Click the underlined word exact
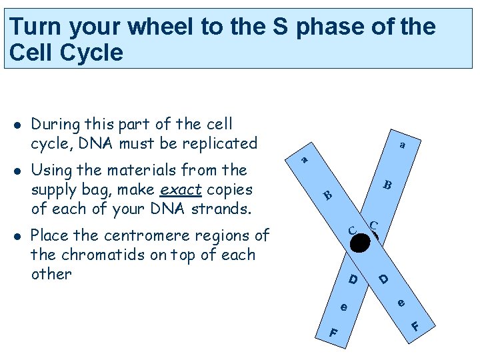click(181, 189)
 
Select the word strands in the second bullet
click(226, 209)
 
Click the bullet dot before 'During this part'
click(15, 125)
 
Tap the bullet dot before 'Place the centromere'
click(15, 236)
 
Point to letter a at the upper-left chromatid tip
click(304, 159)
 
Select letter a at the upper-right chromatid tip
click(402, 143)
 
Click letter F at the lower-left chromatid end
click(333, 332)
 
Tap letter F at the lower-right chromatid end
click(415, 327)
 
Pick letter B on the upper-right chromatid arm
click(387, 185)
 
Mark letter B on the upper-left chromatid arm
click(327, 195)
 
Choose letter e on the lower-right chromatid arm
click(401, 303)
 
